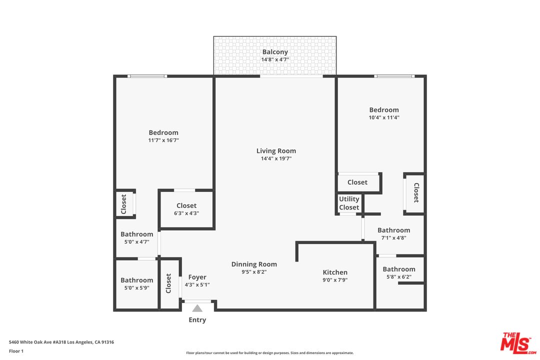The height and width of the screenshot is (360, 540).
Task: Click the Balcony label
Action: tap(275, 52)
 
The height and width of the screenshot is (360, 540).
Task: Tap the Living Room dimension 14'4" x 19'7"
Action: tap(276, 158)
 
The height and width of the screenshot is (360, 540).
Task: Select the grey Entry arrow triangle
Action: tap(197, 308)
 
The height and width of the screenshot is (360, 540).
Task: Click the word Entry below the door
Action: tap(197, 319)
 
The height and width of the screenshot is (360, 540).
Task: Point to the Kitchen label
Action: tap(335, 272)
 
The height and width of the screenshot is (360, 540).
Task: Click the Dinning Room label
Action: tap(254, 264)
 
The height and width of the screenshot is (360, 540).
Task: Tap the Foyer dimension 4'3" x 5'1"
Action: tap(197, 284)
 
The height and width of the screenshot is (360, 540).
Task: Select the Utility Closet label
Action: tap(349, 203)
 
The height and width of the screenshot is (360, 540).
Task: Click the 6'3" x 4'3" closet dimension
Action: tap(186, 213)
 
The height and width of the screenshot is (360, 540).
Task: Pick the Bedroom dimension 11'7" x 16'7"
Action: tap(163, 140)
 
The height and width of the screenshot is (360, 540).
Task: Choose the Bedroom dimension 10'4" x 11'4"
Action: tap(384, 117)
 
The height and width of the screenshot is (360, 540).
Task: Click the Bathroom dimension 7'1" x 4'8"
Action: tap(393, 237)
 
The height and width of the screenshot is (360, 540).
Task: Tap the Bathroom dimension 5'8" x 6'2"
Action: tap(399, 276)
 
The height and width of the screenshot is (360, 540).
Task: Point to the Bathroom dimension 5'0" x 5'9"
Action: tap(136, 287)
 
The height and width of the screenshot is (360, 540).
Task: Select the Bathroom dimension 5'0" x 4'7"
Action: tap(136, 242)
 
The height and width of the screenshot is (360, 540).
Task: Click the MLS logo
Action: tap(518, 343)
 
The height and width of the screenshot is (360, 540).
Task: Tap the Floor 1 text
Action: tap(16, 351)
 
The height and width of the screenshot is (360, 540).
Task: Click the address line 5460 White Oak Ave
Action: tap(61, 342)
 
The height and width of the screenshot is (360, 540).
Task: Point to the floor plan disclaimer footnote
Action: tap(269, 353)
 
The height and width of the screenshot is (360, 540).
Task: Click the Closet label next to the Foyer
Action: tap(168, 283)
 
